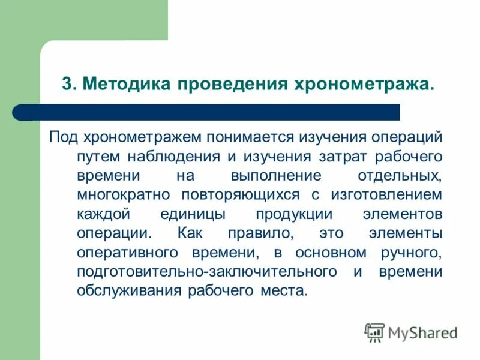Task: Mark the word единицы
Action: point(193,214)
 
